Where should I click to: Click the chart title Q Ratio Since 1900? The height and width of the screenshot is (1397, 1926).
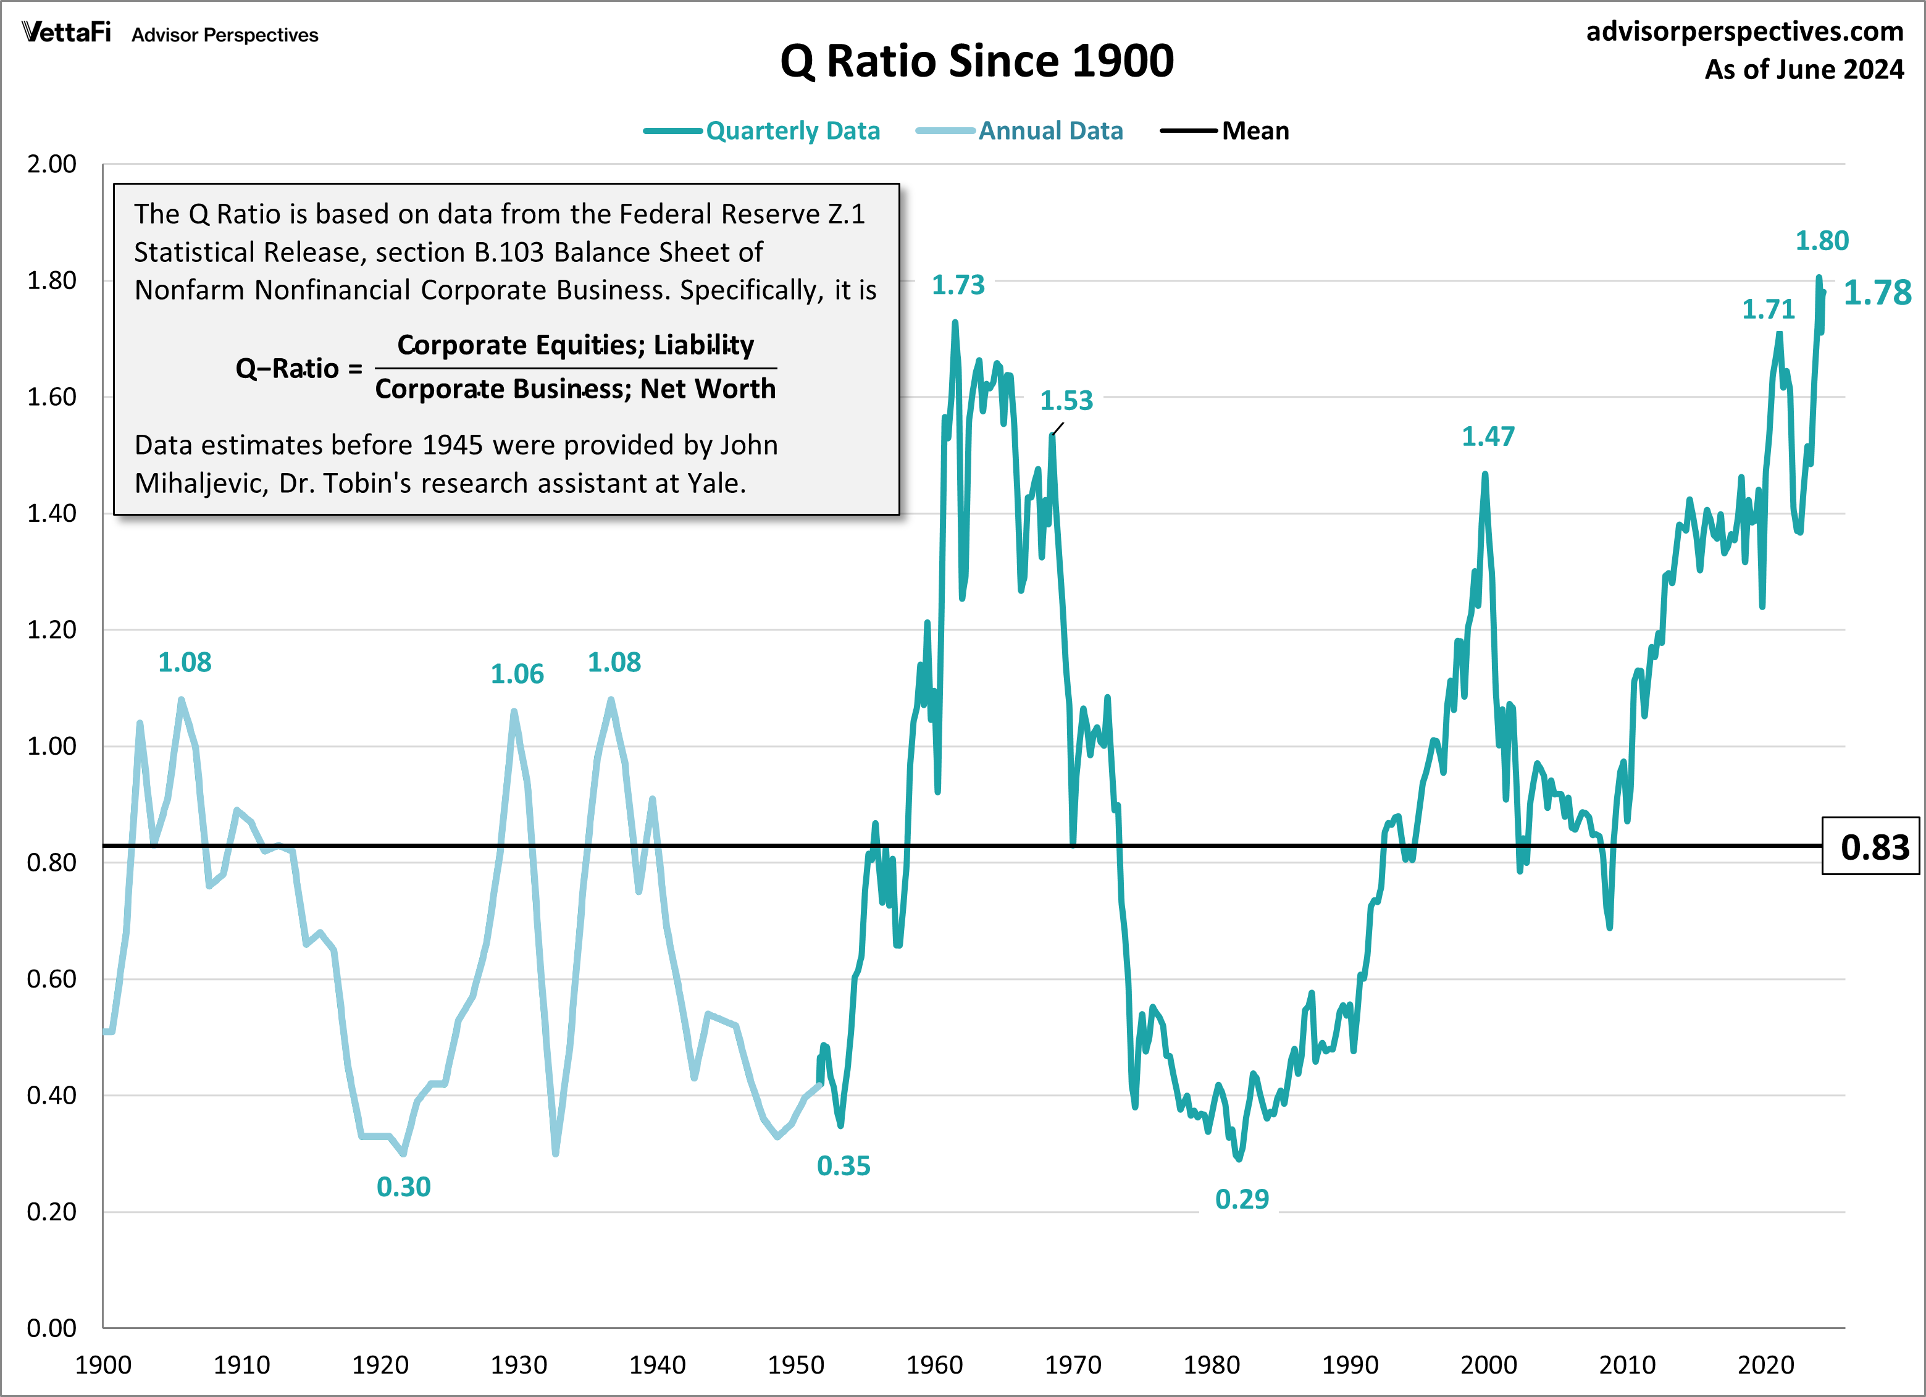click(x=977, y=61)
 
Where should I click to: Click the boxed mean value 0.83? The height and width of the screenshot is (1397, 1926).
click(x=1874, y=847)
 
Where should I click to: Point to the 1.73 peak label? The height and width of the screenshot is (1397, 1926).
click(x=958, y=285)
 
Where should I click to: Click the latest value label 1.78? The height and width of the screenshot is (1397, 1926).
click(x=1877, y=293)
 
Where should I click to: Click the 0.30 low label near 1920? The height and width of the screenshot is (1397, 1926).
click(x=403, y=1186)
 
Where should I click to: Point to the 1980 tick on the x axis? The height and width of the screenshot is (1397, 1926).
click(x=1211, y=1365)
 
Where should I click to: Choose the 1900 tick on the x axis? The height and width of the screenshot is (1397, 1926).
click(x=103, y=1365)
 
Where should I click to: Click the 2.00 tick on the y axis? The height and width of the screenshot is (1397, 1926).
click(x=51, y=164)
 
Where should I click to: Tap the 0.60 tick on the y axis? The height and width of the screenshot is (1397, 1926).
click(x=51, y=978)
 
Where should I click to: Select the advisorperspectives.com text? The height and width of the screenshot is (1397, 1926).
click(x=1744, y=31)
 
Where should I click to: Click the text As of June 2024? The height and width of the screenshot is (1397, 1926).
click(x=1804, y=70)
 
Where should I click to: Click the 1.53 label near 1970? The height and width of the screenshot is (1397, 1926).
click(x=1066, y=400)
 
